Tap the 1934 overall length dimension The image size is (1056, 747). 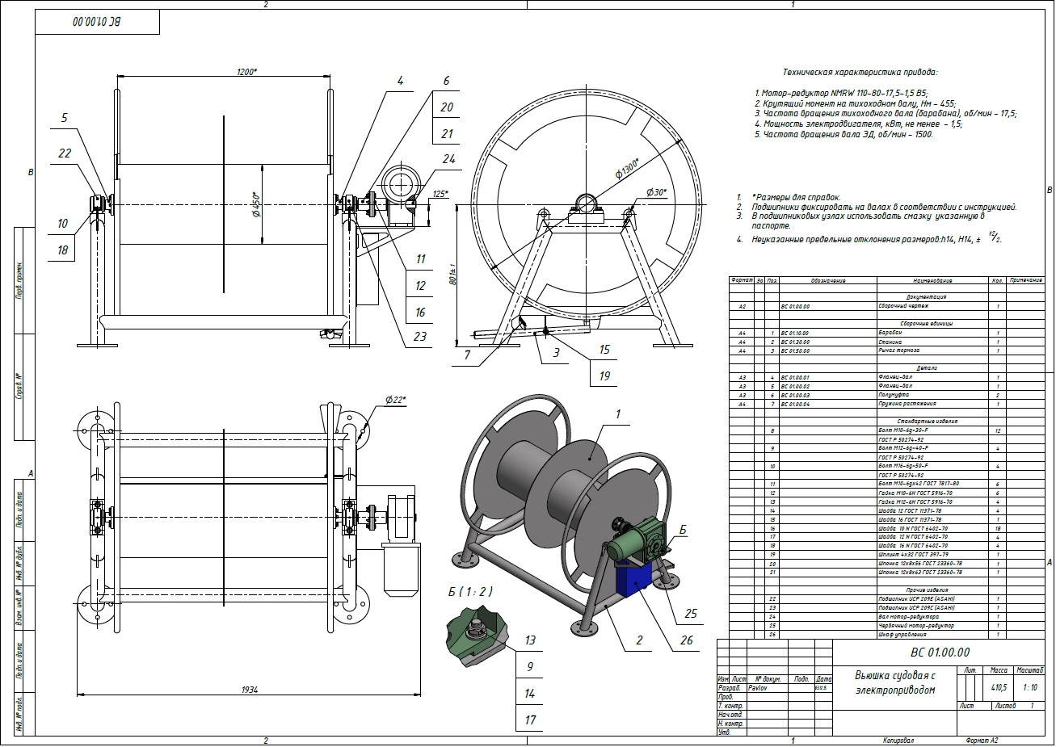pyautogui.click(x=249, y=689)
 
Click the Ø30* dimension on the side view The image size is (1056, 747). pyautogui.click(x=656, y=192)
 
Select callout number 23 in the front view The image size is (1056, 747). pyautogui.click(x=420, y=337)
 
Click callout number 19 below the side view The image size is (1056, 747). pyautogui.click(x=604, y=375)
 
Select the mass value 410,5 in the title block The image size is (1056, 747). pyautogui.click(x=999, y=688)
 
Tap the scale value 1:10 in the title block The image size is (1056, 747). pyautogui.click(x=1031, y=688)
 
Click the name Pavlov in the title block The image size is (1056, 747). pyautogui.click(x=757, y=688)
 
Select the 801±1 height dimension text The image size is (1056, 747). pyautogui.click(x=453, y=275)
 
